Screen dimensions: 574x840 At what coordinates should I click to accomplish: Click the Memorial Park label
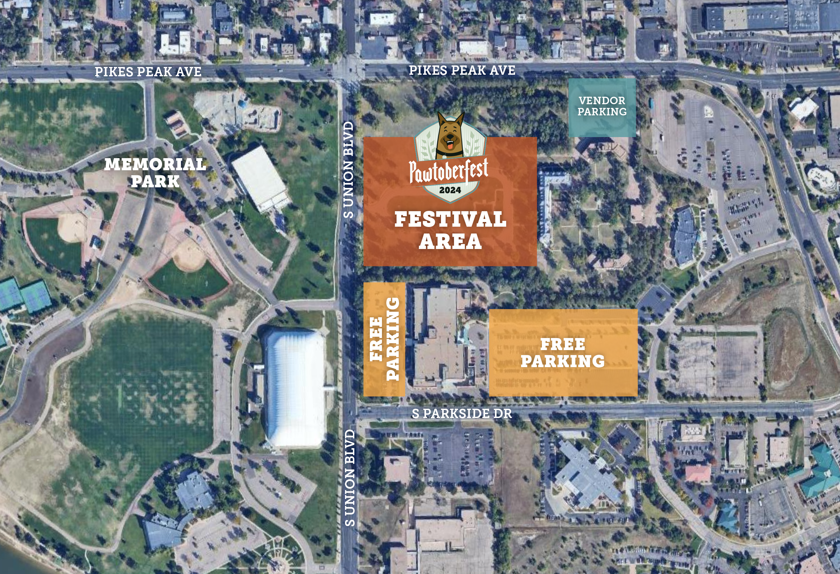click(x=155, y=173)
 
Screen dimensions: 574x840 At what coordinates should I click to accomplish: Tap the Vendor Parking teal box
click(x=602, y=107)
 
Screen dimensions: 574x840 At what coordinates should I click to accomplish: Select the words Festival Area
click(x=450, y=230)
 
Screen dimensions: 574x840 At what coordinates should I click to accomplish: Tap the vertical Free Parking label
click(x=384, y=339)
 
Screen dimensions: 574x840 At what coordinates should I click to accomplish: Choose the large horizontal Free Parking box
click(x=563, y=353)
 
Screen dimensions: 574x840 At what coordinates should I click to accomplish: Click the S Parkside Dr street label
click(x=461, y=414)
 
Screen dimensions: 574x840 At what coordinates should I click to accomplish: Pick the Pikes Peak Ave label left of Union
click(x=148, y=72)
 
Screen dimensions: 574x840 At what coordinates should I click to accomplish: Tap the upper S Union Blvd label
click(x=348, y=170)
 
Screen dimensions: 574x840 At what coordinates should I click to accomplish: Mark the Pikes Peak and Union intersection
click(x=348, y=70)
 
